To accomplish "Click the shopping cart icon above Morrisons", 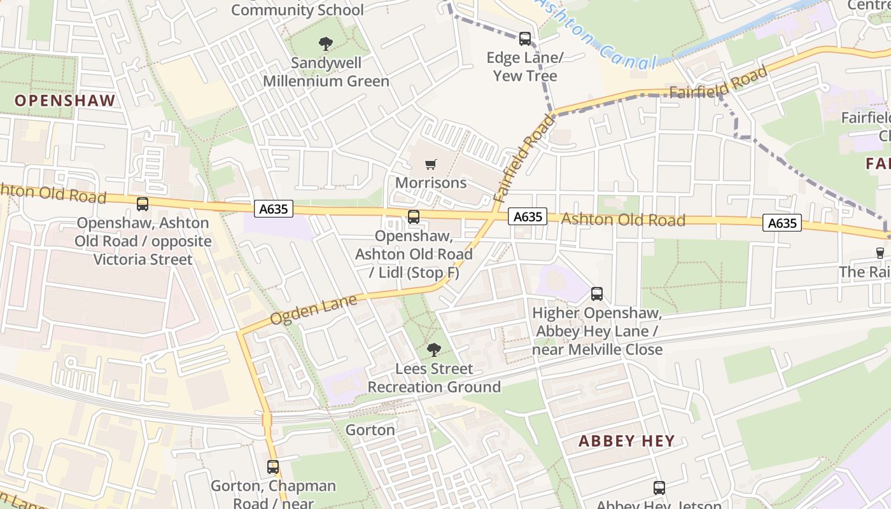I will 431,165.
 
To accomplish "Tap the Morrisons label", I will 431,183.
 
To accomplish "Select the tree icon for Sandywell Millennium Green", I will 326,44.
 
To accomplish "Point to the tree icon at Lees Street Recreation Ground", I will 434,349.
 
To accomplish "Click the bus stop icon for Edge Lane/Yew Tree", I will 525,39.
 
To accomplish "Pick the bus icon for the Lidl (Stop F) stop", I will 414,217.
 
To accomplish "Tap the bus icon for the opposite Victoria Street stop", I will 143,204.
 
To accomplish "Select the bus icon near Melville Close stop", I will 597,294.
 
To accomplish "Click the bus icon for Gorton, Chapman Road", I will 273,467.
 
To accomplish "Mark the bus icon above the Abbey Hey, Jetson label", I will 659,488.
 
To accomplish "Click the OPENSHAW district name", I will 65,101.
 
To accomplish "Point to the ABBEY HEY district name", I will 626,441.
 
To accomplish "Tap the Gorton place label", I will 370,430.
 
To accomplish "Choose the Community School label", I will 297,10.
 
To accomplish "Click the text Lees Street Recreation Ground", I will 434,378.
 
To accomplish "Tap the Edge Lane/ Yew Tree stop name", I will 525,67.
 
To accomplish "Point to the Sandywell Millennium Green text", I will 326,72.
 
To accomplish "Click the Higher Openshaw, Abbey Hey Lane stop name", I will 597,331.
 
